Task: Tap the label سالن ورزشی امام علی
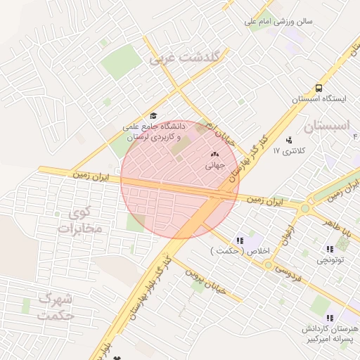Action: coord(278,22)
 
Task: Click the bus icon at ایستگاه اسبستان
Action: coord(319,89)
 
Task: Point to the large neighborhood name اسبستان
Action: coord(328,127)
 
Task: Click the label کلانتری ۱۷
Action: coord(287,150)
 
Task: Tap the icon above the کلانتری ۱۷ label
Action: coord(288,140)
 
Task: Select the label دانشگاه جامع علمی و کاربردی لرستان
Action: coord(152,132)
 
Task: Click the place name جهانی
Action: coord(214,167)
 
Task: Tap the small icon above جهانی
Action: coord(214,155)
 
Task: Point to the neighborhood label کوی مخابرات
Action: coord(82,220)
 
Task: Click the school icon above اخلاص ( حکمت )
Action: coord(240,240)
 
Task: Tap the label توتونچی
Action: coord(329,260)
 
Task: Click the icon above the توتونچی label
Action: coord(329,249)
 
